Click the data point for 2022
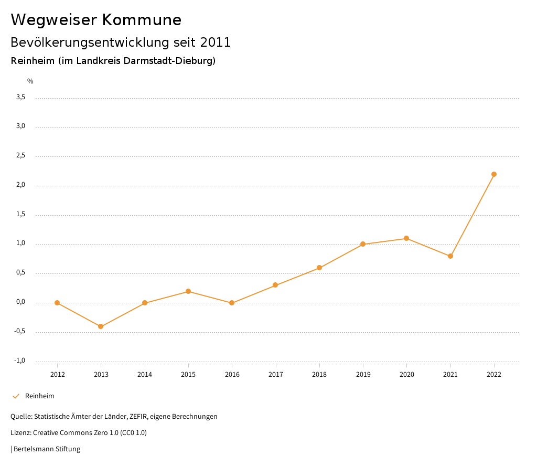(x=494, y=174)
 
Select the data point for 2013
(x=101, y=326)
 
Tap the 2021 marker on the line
(x=450, y=256)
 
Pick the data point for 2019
(x=363, y=244)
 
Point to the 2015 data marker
(x=188, y=291)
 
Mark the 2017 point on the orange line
(x=275, y=285)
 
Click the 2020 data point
(x=406, y=238)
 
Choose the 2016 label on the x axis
(x=232, y=374)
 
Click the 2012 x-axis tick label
(x=57, y=374)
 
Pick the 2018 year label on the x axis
(x=319, y=374)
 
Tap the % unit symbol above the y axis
(x=30, y=81)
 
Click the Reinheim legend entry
(x=39, y=396)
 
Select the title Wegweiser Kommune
(x=96, y=20)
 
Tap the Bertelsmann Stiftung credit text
(x=47, y=449)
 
